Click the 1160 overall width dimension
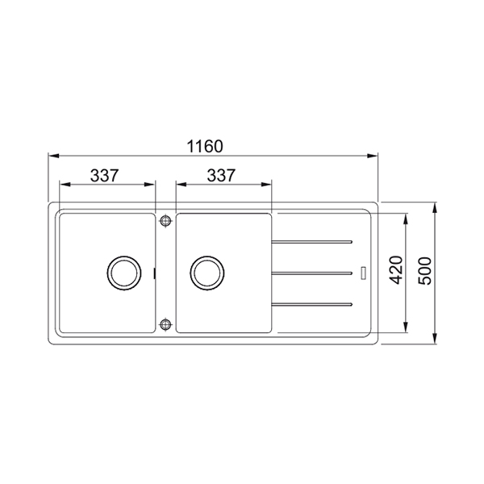point(205,146)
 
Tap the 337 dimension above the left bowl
point(104,175)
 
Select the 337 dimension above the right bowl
point(221,175)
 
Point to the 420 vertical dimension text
point(396,270)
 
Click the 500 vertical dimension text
point(425,271)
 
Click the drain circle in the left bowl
point(124,273)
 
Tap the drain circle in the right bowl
point(207,273)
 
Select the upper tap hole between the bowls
point(165,220)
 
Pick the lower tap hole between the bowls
point(165,324)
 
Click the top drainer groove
point(311,242)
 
